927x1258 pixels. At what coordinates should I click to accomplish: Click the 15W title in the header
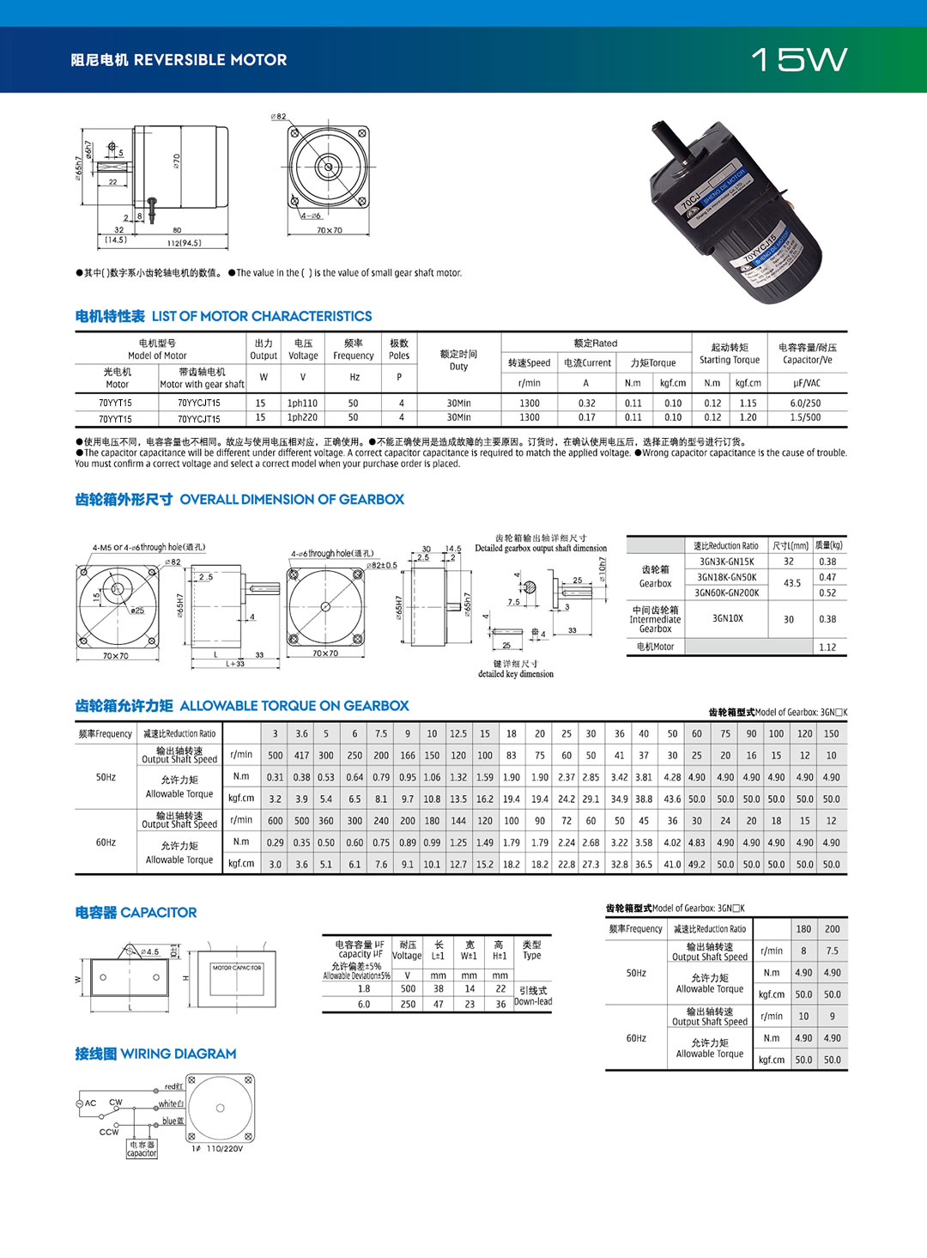[798, 59]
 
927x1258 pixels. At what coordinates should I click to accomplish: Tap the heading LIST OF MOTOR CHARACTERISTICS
[262, 316]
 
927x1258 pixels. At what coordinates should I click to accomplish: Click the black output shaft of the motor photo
[669, 142]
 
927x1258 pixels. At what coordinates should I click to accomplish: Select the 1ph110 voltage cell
[302, 403]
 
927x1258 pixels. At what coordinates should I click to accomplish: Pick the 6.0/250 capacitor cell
[805, 403]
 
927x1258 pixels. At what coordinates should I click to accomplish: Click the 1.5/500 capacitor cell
[805, 418]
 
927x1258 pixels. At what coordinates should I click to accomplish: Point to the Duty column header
[458, 361]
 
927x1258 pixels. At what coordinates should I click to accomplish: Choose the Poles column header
[399, 349]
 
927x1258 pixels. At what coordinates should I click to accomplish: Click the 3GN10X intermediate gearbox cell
[728, 618]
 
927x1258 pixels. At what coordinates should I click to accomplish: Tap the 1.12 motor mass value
[827, 647]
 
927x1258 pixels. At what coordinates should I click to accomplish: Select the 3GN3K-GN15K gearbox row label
[726, 562]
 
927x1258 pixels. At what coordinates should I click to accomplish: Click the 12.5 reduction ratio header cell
[458, 734]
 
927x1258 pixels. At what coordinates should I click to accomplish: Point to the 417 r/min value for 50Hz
[301, 756]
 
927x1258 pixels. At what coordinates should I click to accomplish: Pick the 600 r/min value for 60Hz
[275, 821]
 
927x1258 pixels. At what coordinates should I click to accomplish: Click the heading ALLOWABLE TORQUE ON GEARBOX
[294, 706]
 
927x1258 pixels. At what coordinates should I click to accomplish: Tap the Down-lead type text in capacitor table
[533, 1002]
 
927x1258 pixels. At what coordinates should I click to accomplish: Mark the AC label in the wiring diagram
[90, 1103]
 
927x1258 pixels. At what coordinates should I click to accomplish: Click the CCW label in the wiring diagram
[109, 1132]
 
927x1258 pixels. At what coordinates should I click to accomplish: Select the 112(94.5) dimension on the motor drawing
[184, 243]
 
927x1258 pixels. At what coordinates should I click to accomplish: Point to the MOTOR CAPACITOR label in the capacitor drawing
[237, 968]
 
